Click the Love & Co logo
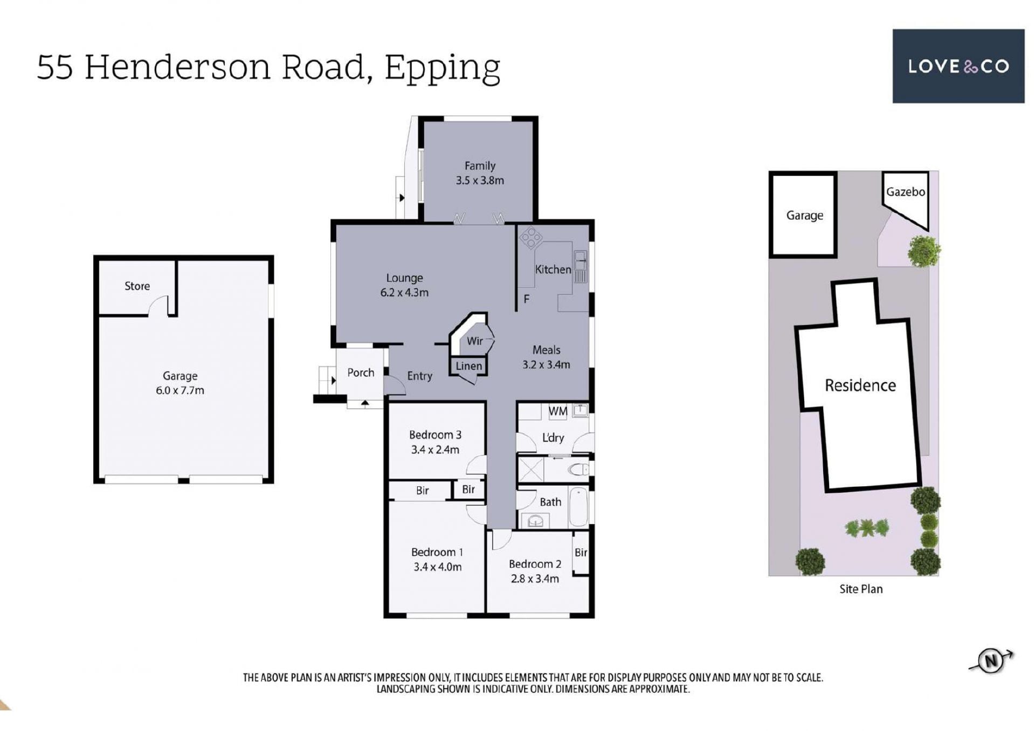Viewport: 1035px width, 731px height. click(958, 66)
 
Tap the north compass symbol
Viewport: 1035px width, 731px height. click(991, 660)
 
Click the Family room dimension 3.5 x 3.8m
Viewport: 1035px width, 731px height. click(480, 181)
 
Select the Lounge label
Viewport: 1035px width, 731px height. click(404, 278)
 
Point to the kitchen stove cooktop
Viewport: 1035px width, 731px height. click(531, 238)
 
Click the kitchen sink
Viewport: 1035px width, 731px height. click(581, 266)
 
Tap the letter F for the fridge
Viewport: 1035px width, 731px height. click(526, 299)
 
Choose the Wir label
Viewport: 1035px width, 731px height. click(474, 341)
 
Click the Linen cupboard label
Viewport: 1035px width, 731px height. click(468, 366)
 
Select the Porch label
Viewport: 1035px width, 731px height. click(361, 373)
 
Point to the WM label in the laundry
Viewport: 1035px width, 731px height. click(558, 411)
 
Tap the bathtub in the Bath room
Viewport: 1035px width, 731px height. click(578, 507)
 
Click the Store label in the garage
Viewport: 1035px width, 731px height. click(137, 286)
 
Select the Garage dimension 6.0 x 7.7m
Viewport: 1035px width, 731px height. click(180, 390)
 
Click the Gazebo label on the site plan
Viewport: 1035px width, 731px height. click(906, 191)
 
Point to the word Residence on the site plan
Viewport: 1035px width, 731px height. click(860, 385)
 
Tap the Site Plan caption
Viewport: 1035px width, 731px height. click(861, 589)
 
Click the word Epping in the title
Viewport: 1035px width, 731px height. click(442, 68)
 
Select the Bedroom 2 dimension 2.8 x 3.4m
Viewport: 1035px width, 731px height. click(535, 578)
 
